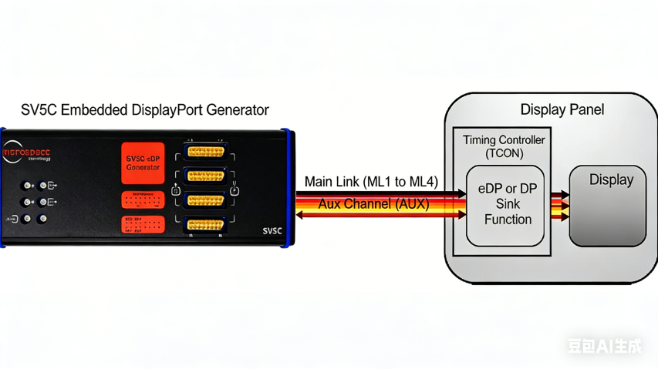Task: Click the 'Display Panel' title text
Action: click(x=562, y=109)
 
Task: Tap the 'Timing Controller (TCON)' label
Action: click(x=504, y=146)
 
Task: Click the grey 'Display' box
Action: click(x=610, y=206)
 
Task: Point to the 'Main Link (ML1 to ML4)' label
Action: click(x=371, y=182)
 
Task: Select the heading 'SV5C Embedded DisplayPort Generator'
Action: click(x=145, y=109)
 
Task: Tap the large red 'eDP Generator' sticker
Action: click(x=143, y=163)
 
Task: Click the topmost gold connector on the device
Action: click(x=205, y=151)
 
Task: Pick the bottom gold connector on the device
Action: click(x=205, y=226)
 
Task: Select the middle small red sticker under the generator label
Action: click(x=143, y=200)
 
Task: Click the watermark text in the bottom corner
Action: click(x=604, y=346)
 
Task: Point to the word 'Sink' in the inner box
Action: click(x=508, y=204)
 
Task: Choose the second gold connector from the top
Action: click(x=205, y=176)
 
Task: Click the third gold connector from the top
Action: click(x=205, y=200)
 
